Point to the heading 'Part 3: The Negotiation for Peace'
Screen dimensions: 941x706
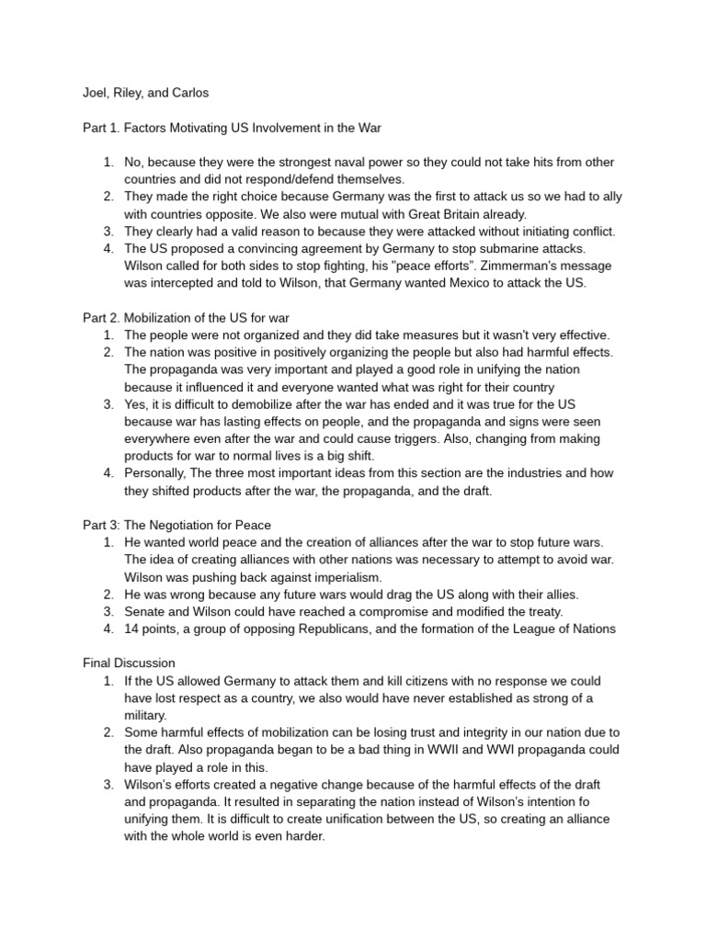click(x=176, y=526)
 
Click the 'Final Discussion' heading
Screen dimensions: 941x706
click(x=129, y=663)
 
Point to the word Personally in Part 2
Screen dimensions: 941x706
click(x=157, y=474)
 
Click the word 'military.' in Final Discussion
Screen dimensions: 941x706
click(x=146, y=715)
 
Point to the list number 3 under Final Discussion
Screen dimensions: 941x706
click(x=108, y=784)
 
